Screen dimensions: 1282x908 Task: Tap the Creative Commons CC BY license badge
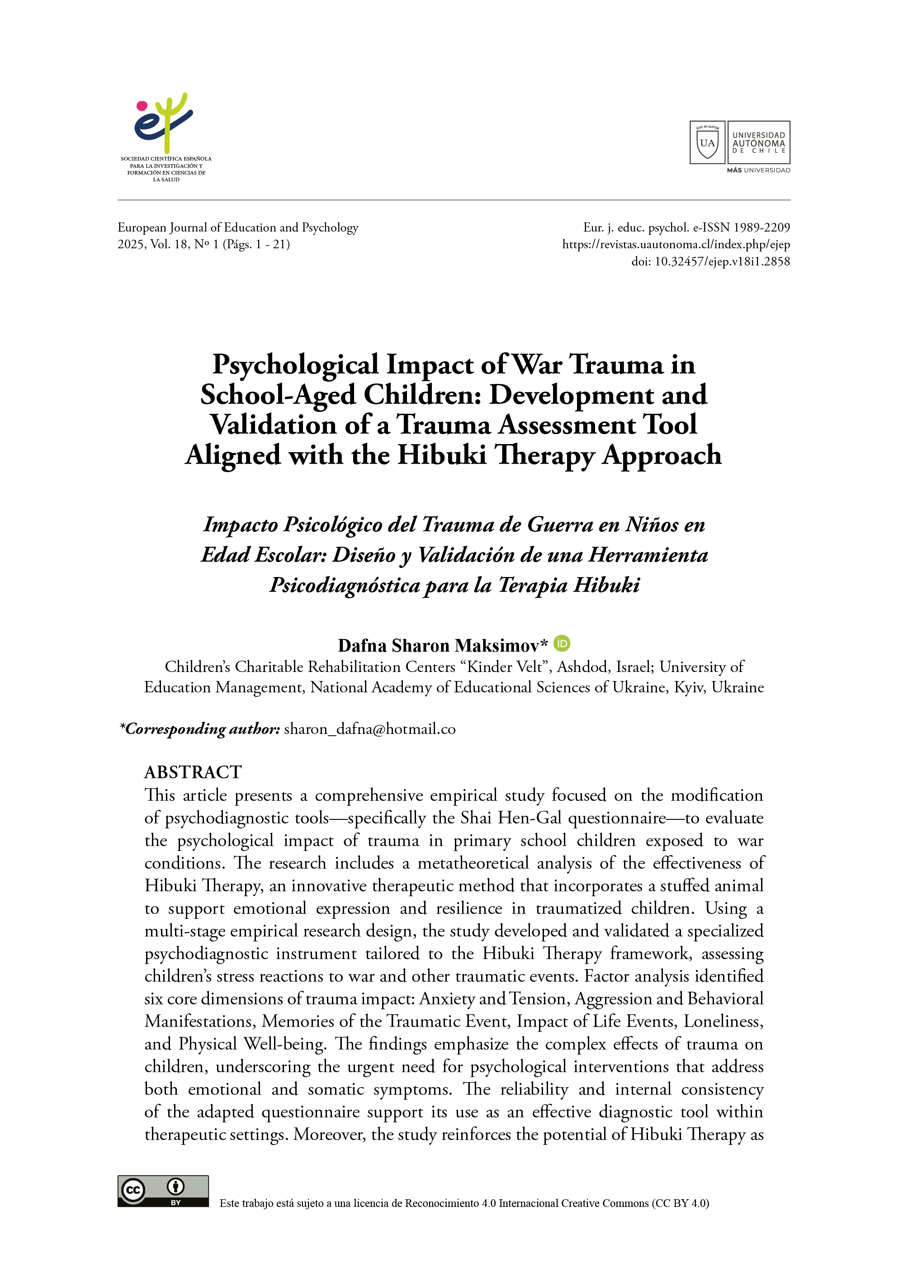[163, 1191]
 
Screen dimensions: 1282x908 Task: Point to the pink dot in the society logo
[142, 106]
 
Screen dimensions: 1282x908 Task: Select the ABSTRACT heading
[193, 772]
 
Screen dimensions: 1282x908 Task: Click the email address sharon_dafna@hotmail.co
[369, 729]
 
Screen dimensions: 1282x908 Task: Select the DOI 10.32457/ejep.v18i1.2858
[722, 262]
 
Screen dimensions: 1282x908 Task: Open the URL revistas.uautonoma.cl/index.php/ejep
[676, 244]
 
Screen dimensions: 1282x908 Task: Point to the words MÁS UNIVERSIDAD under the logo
[758, 170]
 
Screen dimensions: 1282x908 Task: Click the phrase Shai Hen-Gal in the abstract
[511, 818]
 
